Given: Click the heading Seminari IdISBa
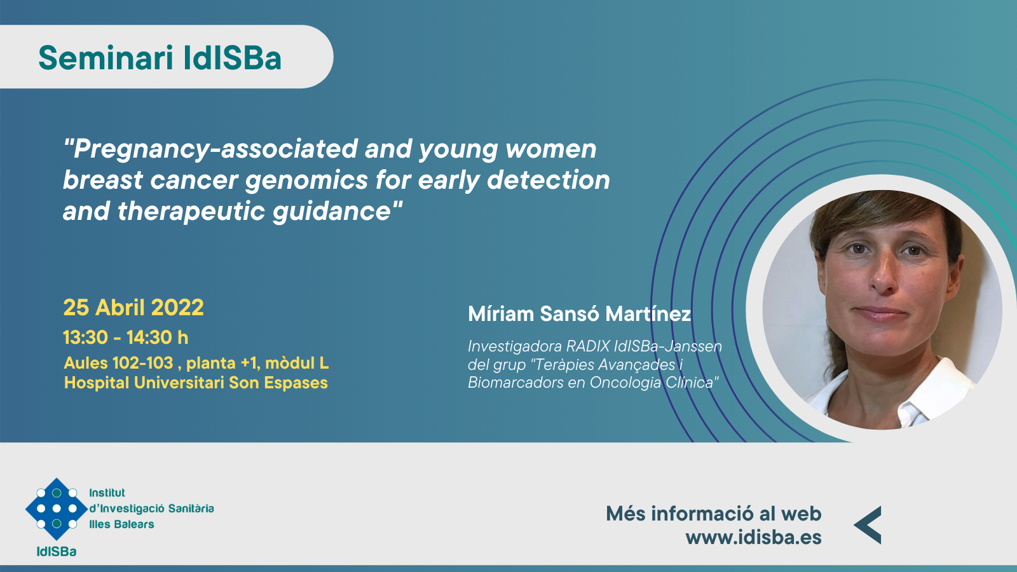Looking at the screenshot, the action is coord(160,58).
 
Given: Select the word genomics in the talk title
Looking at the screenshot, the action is coord(306,181).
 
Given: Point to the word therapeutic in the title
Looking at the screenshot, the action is coord(191,212).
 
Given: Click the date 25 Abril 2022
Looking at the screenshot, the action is coord(133,308).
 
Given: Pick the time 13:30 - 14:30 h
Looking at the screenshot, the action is coord(125,337).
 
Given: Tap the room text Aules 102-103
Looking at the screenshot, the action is coord(118,363).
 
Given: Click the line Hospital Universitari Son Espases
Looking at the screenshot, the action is coord(196,382).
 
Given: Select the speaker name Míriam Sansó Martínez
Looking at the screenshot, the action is coord(579,314).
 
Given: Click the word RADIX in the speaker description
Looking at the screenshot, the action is coord(587,346).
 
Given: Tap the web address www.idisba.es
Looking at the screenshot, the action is coord(753,537).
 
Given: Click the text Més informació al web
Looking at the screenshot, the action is coord(714,514).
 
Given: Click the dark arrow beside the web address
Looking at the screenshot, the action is coord(868,525).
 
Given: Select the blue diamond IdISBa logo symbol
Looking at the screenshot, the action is coord(57,509).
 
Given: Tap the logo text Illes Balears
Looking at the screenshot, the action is coord(121,524).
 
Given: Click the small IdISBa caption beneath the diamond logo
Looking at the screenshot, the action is coord(57,552).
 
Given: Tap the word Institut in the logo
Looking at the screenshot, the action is coord(107,493).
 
